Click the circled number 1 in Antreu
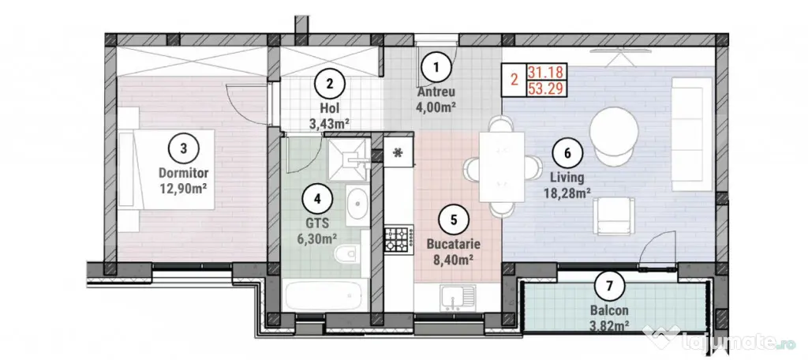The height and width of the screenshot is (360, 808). coord(436,67)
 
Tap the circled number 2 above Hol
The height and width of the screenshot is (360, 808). coord(331,84)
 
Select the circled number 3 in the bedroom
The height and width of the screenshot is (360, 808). coord(184,148)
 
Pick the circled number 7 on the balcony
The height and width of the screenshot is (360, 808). coord(610,285)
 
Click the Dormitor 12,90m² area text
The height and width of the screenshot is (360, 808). coord(183,180)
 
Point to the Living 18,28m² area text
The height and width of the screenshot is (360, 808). coord(567,186)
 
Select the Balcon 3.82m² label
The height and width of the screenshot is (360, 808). coord(610,317)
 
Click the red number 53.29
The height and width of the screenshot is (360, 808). coord(547,89)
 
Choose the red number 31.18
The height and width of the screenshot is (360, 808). coord(547,72)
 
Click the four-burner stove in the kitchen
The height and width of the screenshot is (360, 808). coord(398,239)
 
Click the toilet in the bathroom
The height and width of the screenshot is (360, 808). coord(346,253)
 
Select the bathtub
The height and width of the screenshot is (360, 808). coord(327,295)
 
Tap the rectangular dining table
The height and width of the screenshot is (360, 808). coord(502,167)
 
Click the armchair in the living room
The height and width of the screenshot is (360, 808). coord(612,216)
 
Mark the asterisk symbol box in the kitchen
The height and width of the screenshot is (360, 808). coord(398,152)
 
